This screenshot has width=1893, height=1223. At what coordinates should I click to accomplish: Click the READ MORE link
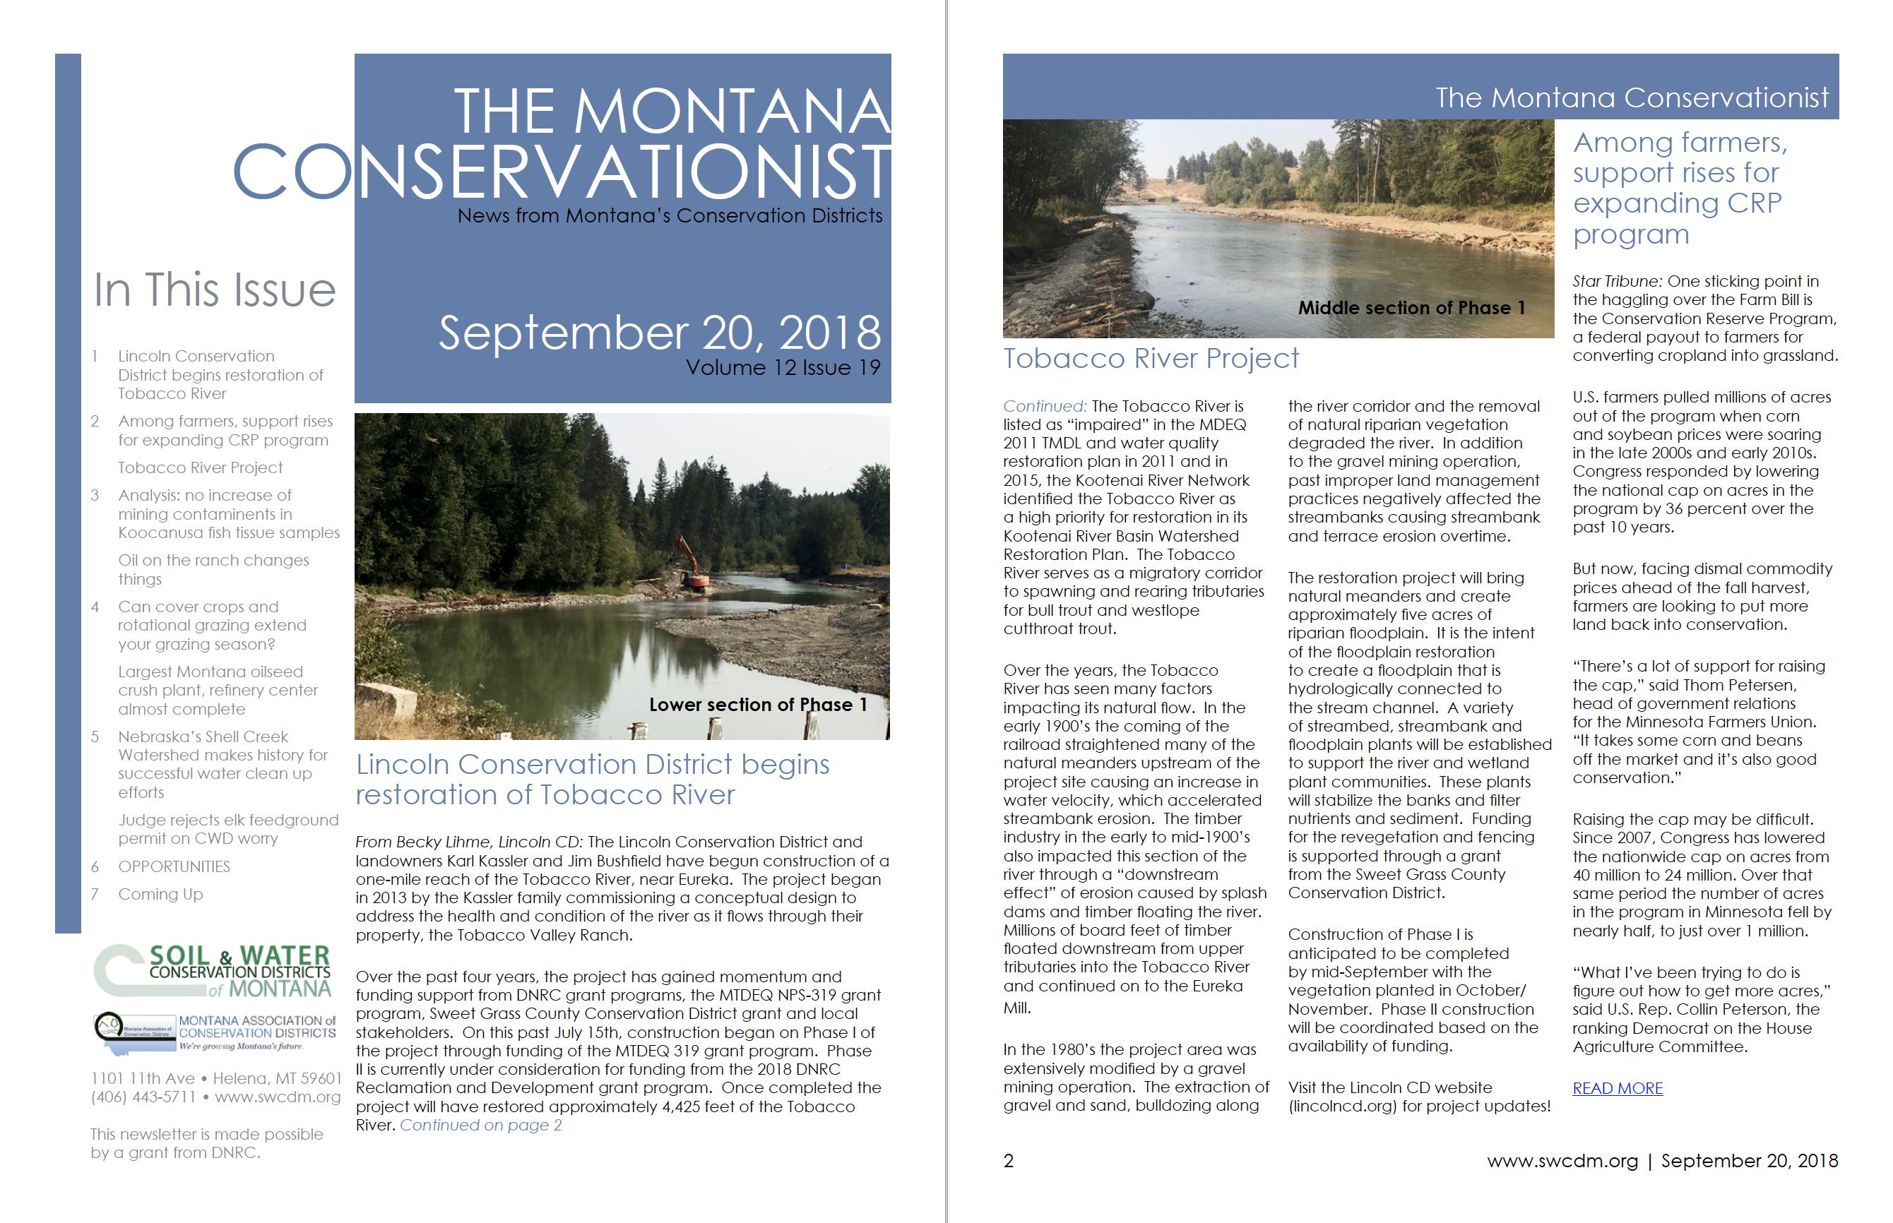point(1617,1088)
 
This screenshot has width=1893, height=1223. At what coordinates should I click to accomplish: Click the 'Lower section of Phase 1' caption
point(757,705)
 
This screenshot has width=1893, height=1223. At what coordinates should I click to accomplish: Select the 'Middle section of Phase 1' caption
point(1411,308)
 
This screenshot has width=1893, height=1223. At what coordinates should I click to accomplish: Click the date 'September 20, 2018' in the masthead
point(659,333)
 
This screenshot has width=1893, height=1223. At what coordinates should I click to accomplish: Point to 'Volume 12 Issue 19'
point(783,368)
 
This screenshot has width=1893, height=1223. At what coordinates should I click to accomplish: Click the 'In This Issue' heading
point(215,290)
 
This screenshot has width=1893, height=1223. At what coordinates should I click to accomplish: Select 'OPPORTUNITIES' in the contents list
point(174,866)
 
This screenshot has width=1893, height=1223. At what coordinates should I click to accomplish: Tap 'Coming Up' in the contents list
point(160,894)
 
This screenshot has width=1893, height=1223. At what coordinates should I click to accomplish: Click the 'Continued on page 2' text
point(480,1126)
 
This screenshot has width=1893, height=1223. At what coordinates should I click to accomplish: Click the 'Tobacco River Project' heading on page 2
point(1150,358)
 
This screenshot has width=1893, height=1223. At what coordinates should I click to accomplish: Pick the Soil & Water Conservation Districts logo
point(213,970)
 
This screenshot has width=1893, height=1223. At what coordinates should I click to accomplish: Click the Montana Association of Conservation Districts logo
point(215,1032)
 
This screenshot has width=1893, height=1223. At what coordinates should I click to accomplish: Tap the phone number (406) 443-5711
point(143,1097)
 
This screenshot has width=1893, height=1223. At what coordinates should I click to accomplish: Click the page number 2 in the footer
point(1008,1161)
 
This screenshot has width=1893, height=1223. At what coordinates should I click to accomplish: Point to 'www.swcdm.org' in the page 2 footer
point(1562,1161)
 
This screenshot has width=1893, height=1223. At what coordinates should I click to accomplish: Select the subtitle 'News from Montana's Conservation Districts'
point(669,216)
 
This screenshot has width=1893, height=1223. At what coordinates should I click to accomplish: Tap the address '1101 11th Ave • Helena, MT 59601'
point(216,1078)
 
